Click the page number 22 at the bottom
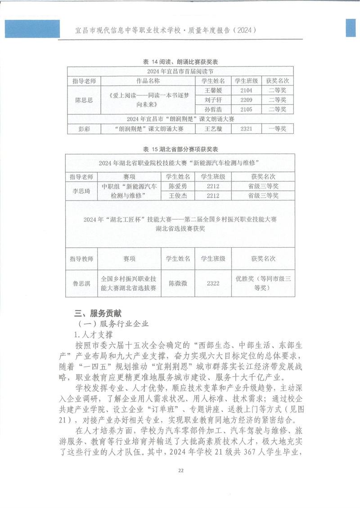tap(180, 470)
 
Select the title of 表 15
tap(180, 149)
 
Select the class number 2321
tap(246, 129)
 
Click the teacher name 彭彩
tap(84, 129)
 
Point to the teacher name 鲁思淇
tap(81, 283)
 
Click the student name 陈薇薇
tap(178, 283)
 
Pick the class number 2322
tap(213, 283)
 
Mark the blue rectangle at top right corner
tap(352, 28)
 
